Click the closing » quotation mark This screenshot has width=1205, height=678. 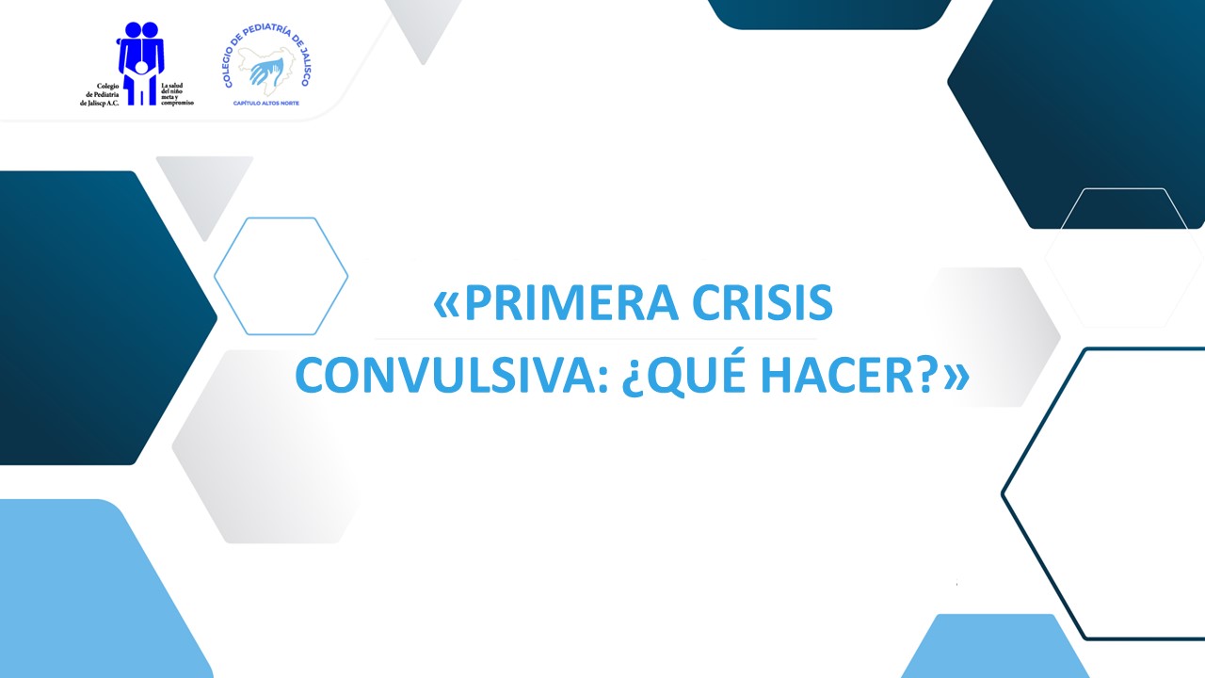tap(956, 378)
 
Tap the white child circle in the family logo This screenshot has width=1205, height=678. tap(142, 68)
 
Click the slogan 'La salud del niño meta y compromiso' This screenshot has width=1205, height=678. tap(176, 94)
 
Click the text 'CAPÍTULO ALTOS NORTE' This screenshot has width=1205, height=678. tap(266, 103)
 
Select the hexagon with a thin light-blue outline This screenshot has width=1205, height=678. tap(281, 276)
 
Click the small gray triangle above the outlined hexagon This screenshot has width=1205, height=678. tap(203, 188)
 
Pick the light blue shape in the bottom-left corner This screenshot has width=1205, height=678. tap(85, 593)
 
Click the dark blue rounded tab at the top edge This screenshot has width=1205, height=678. tap(828, 12)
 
